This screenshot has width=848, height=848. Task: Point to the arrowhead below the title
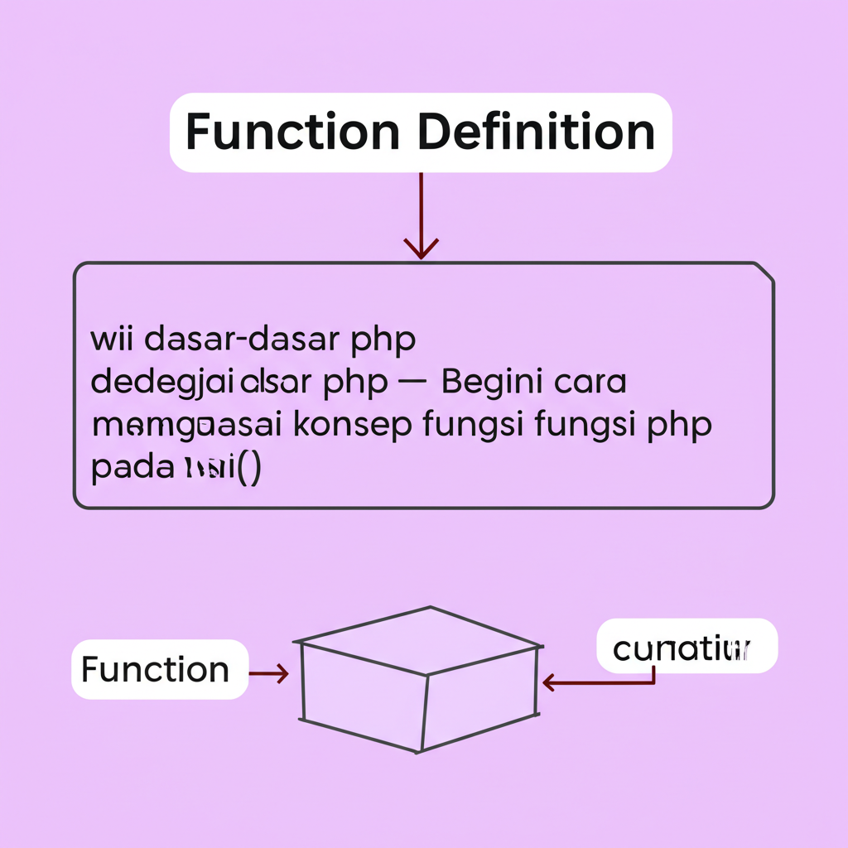(421, 246)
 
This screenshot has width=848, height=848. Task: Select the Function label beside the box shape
(156, 669)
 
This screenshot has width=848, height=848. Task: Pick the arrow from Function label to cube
(268, 674)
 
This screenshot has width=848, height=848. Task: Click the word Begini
(493, 383)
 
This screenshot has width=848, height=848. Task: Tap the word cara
(589, 383)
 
